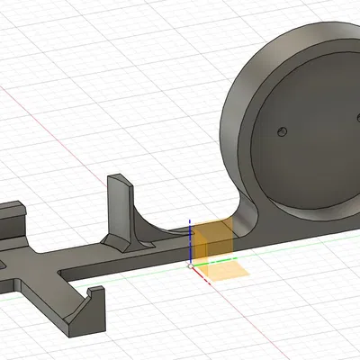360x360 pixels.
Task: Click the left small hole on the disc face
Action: tap(282, 132)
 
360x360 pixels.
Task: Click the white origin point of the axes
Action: tap(189, 265)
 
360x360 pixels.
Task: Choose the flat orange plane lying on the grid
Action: tap(222, 270)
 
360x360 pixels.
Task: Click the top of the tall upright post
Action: tap(119, 179)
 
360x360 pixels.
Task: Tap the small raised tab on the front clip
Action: tap(94, 292)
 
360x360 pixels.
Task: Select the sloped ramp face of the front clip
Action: tap(82, 310)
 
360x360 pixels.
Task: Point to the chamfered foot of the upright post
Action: tap(115, 244)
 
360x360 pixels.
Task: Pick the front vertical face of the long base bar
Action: tap(135, 262)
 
